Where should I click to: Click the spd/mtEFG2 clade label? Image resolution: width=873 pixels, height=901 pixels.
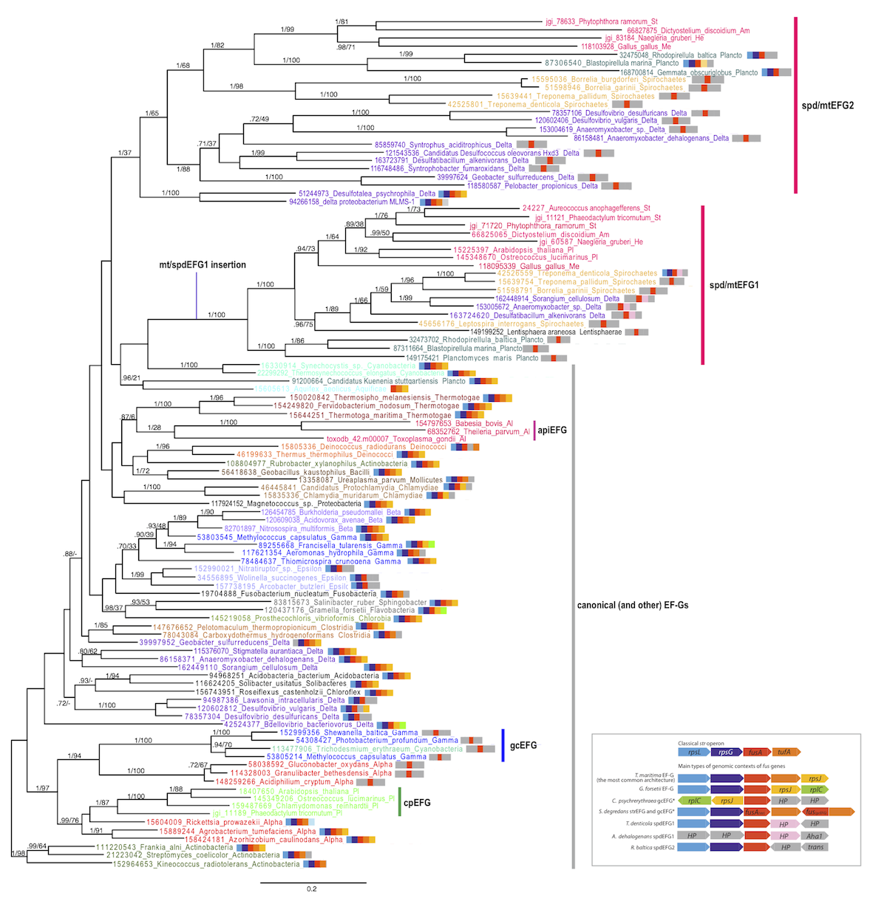pos(827,106)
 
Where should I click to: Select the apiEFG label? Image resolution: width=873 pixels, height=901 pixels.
pos(551,430)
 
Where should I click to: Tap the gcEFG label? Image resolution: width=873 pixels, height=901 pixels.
pos(523,745)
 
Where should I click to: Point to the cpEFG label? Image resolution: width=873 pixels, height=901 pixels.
pos(417,802)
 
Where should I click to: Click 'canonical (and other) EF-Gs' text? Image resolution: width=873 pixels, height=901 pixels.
pos(632,605)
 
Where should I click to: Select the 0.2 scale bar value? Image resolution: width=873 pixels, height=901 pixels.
pos(311,888)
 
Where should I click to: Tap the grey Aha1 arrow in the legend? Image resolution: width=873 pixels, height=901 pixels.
pos(815,836)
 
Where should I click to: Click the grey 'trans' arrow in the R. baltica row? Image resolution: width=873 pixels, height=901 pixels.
pos(815,847)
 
